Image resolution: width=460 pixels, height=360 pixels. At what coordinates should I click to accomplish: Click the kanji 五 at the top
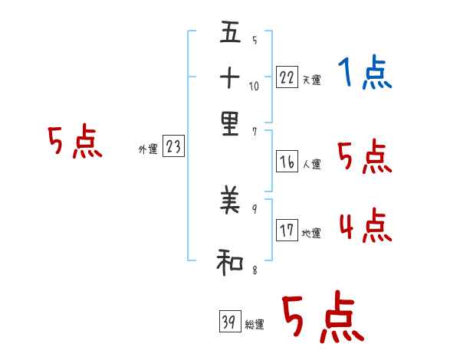pos(229,34)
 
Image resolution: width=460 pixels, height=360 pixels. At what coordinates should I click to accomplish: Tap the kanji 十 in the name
pos(229,78)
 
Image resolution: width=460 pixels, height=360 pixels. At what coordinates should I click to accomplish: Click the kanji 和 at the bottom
pos(229,263)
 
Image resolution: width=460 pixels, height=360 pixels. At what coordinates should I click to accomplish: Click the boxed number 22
pos(287,78)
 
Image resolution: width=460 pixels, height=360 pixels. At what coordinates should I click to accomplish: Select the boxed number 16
pos(287,162)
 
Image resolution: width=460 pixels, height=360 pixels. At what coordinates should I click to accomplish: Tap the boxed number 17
pos(287,231)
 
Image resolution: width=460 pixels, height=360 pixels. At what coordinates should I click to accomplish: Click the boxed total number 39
pos(229,322)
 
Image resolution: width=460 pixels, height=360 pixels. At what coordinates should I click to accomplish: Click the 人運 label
pos(311,165)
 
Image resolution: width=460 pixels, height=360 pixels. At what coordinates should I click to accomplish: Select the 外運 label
pos(147,150)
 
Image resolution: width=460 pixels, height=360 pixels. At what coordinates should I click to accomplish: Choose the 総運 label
pos(255,325)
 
